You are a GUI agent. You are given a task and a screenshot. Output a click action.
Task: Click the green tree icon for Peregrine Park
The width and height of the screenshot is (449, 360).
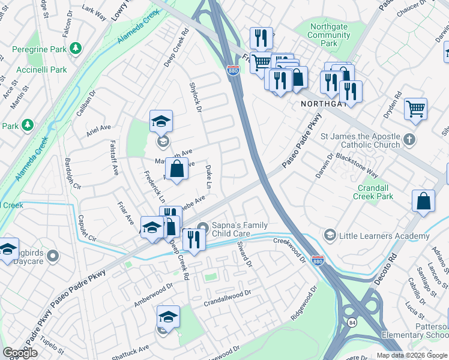click(x=76, y=48)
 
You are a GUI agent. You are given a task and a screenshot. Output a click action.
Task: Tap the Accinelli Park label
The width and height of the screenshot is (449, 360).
click(x=42, y=70)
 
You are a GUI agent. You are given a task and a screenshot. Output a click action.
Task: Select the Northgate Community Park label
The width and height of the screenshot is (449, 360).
click(x=328, y=35)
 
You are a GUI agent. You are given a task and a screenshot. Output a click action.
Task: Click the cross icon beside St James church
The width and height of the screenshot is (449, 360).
click(x=409, y=139)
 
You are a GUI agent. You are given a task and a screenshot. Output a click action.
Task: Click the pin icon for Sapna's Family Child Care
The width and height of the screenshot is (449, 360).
click(x=202, y=227)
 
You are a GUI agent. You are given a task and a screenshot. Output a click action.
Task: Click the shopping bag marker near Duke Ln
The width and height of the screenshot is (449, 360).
click(x=177, y=170)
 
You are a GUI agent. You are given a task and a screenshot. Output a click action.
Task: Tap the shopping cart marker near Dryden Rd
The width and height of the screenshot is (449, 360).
click(x=415, y=109)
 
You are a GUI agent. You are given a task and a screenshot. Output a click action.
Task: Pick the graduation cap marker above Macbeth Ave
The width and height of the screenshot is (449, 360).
click(x=161, y=122)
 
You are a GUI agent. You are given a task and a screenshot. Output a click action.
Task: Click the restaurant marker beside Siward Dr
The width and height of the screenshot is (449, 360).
click(x=194, y=239)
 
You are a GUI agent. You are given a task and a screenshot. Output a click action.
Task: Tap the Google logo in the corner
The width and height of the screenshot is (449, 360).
click(x=20, y=353)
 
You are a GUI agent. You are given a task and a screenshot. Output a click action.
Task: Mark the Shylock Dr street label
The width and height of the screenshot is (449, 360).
click(x=196, y=96)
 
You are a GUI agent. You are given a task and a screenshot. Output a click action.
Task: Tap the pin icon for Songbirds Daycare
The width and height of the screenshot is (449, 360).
click(x=53, y=256)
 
